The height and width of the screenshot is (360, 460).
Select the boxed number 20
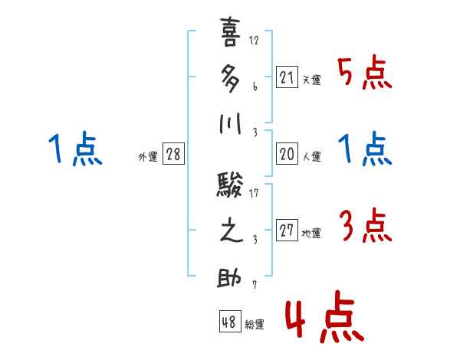287,154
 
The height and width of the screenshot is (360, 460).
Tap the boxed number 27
287,231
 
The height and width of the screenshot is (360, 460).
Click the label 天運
311,79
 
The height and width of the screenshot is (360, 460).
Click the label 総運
255,325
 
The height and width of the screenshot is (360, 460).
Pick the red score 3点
365,227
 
